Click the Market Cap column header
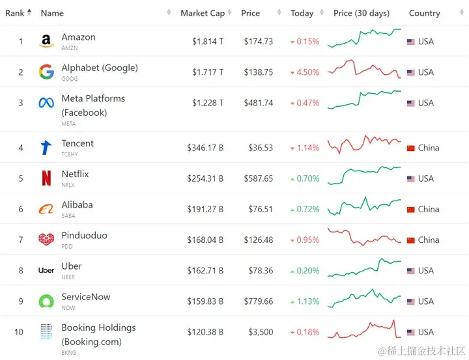click(202, 13)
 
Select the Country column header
click(424, 13)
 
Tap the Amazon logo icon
click(46, 42)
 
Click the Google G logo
click(46, 72)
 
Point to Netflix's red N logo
click(46, 178)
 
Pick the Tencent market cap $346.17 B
click(205, 148)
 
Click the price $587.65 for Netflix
click(259, 178)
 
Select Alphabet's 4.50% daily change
click(307, 72)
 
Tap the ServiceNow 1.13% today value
click(307, 301)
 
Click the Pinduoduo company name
click(84, 235)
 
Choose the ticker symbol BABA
click(68, 215)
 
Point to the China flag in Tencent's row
click(410, 148)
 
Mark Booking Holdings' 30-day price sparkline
click(364, 329)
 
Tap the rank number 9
click(21, 301)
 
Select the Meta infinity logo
click(46, 103)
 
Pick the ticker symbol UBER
click(68, 277)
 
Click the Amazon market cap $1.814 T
click(208, 42)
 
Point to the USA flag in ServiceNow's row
click(410, 301)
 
